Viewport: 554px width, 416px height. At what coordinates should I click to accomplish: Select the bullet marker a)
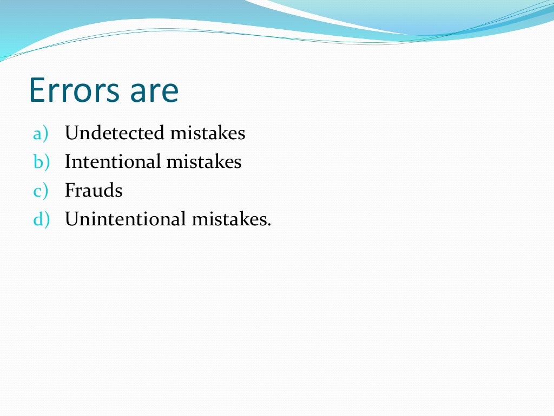point(41,133)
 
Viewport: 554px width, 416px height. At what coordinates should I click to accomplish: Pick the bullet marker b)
point(41,162)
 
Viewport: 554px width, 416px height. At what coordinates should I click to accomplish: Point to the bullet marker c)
point(41,191)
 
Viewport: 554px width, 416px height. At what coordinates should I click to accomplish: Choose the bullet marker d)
point(41,219)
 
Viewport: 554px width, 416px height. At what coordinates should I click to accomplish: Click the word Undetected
point(114,133)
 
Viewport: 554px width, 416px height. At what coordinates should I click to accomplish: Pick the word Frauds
point(94,191)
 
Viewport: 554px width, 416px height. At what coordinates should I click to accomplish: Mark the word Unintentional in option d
point(126,219)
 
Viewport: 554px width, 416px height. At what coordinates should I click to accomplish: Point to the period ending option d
point(268,225)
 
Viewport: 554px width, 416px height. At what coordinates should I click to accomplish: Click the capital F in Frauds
point(70,191)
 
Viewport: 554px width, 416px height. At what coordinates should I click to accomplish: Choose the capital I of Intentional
point(68,162)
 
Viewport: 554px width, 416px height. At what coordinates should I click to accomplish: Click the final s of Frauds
point(118,192)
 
